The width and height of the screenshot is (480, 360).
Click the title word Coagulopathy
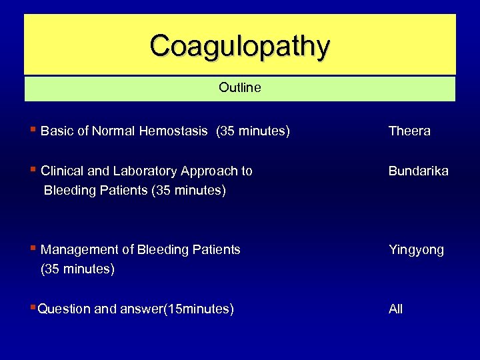point(240,47)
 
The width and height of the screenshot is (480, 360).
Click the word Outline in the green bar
point(240,88)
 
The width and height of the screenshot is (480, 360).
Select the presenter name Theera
point(409,131)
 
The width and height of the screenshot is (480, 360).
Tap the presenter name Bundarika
point(419,171)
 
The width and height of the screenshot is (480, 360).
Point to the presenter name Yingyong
point(416,250)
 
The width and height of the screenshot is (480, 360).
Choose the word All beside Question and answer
point(396,309)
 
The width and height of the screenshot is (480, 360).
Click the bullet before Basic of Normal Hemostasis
point(33,130)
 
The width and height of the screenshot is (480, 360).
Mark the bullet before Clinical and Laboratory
point(33,170)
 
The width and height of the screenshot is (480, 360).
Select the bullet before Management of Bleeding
point(33,249)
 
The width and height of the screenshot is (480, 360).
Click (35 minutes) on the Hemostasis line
point(253,131)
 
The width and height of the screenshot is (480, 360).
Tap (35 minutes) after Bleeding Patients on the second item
point(189,191)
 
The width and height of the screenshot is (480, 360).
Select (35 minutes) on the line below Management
point(77,269)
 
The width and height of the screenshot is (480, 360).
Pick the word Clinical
point(62,171)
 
